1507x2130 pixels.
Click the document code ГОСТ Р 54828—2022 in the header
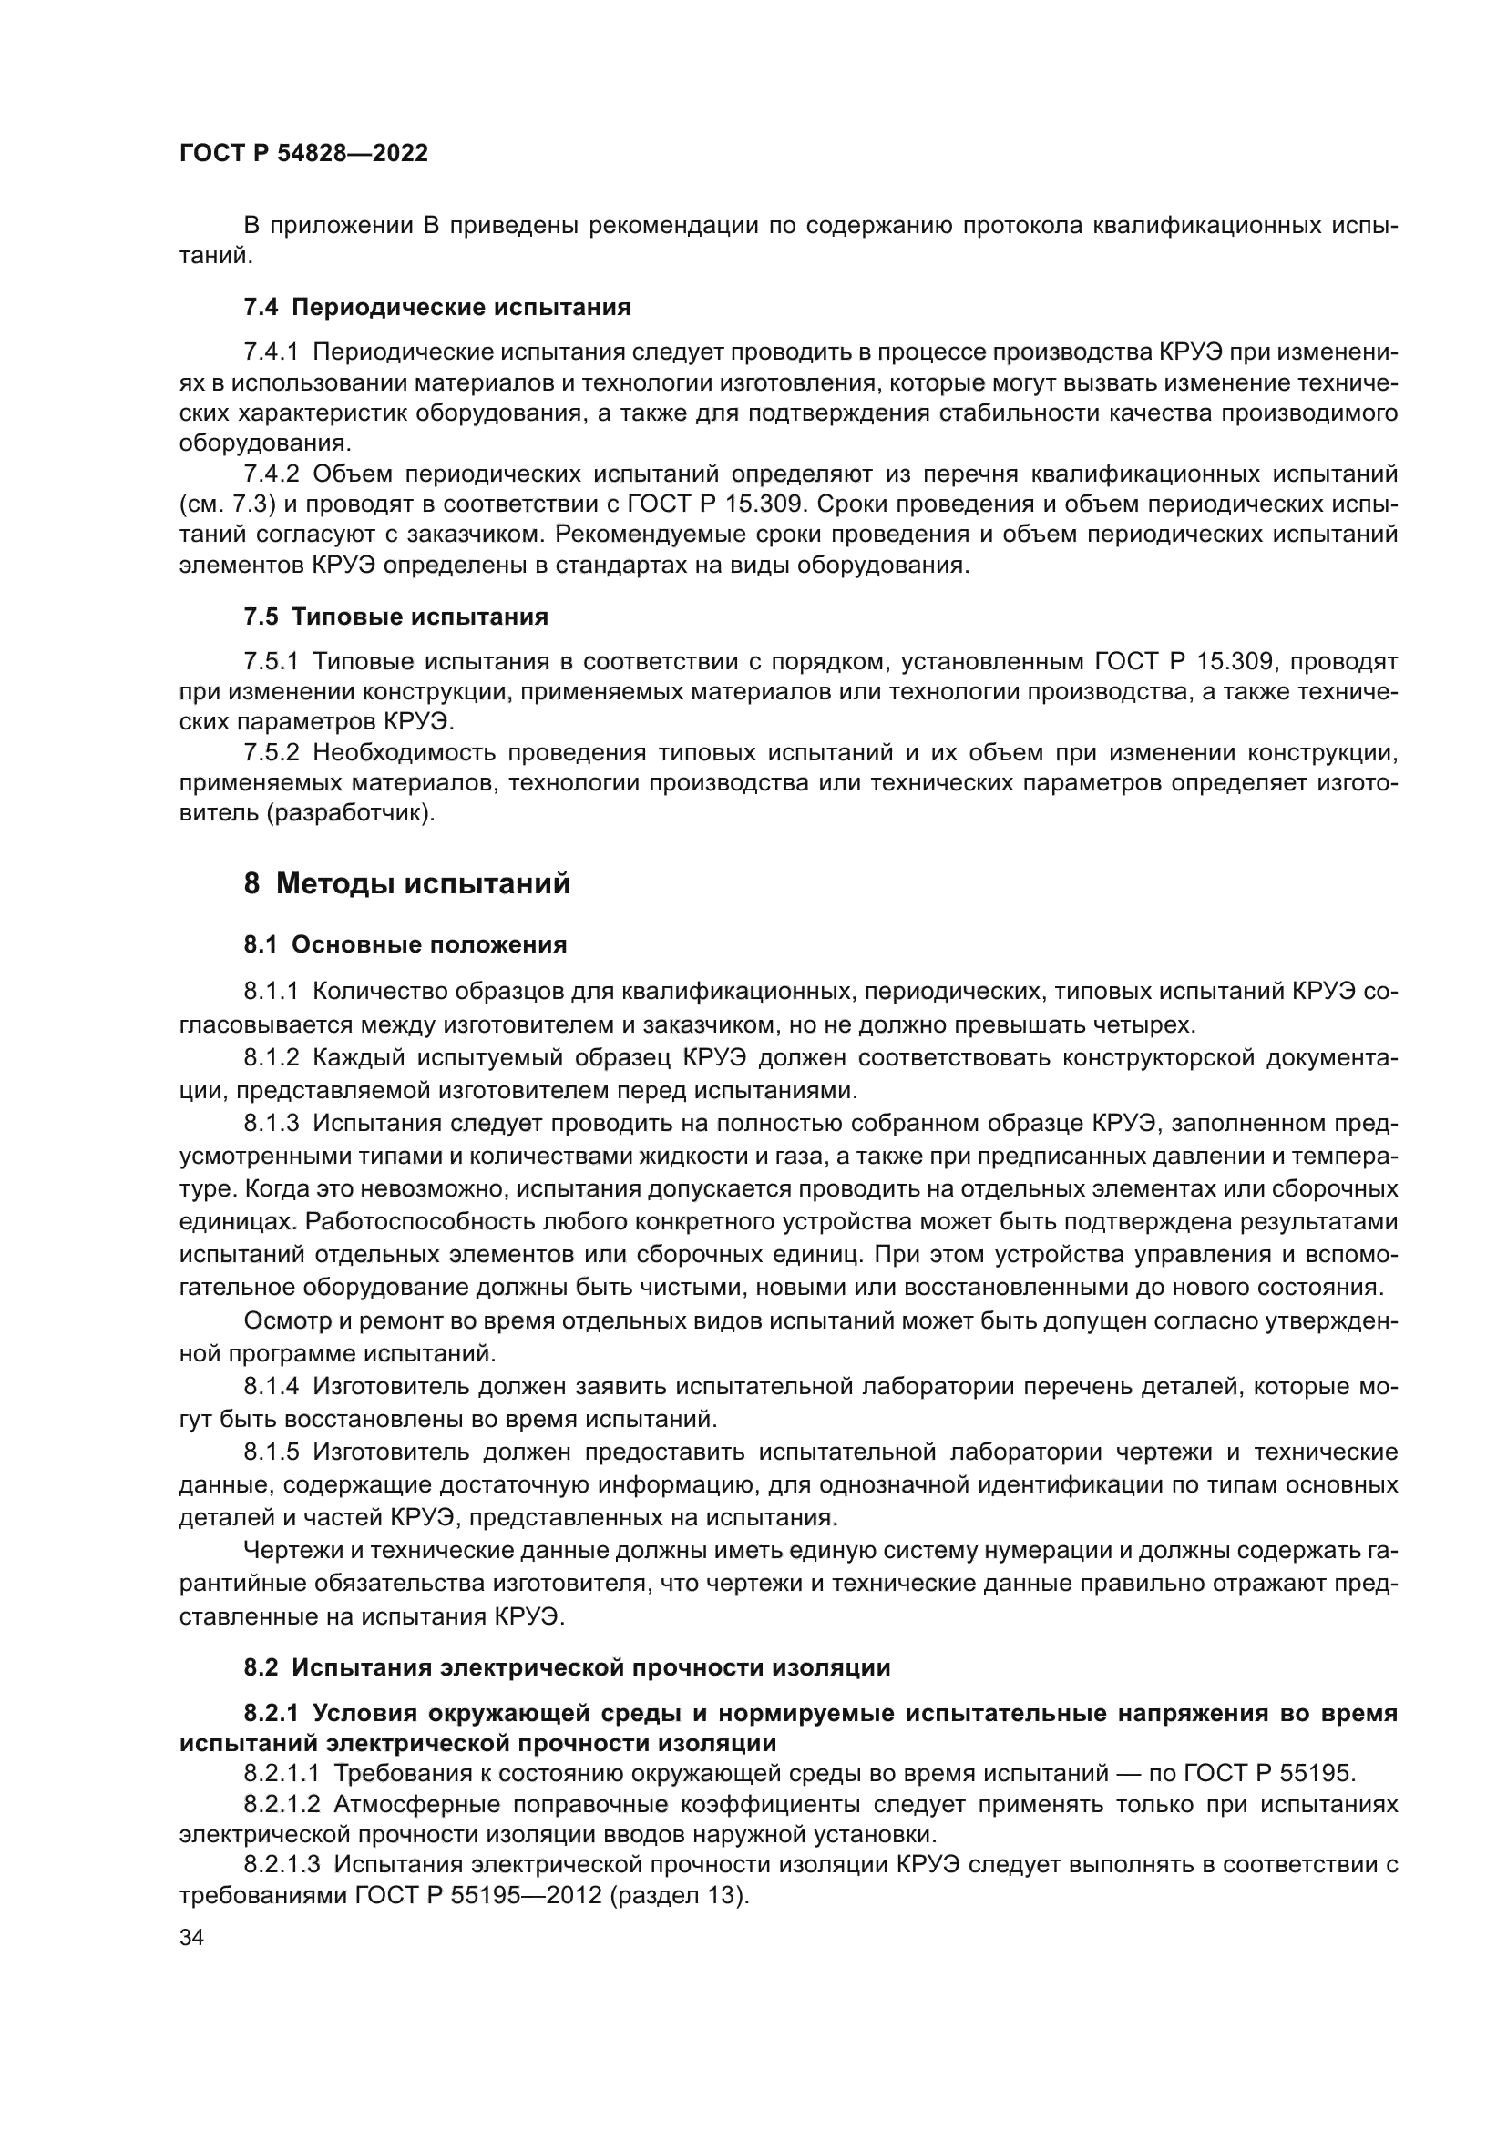[x=303, y=154]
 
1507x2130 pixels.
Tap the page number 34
[x=191, y=1938]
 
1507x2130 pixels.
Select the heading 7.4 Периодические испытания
[x=437, y=307]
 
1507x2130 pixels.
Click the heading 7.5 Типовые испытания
[x=395, y=616]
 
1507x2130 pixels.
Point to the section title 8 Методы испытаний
[x=406, y=883]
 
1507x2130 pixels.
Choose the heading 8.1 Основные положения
[x=405, y=944]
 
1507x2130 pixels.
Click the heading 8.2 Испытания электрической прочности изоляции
[x=567, y=1667]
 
